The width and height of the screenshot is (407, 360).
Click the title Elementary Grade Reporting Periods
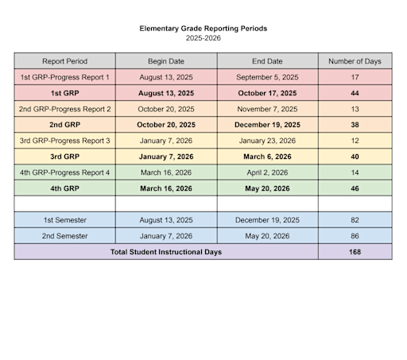(203, 29)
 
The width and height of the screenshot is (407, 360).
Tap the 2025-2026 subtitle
(203, 38)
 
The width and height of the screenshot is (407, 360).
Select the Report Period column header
(64, 61)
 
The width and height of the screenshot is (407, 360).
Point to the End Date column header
(267, 61)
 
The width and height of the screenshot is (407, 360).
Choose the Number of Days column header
(355, 61)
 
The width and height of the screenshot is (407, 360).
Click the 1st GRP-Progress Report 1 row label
(64, 77)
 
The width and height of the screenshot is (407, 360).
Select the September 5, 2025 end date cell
(267, 77)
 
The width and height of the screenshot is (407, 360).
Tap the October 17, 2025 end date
(267, 93)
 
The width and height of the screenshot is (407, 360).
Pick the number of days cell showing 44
(355, 93)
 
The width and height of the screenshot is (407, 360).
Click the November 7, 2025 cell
(267, 109)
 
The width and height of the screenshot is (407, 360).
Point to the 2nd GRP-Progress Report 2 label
(64, 109)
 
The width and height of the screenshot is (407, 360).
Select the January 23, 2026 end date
(267, 141)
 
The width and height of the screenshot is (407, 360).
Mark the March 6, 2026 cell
(267, 157)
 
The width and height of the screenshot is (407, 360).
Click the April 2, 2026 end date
(267, 172)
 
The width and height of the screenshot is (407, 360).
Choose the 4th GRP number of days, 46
(355, 188)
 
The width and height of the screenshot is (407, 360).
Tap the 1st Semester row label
(64, 219)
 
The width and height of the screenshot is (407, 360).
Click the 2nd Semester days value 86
(355, 235)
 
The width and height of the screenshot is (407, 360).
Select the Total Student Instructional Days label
(165, 252)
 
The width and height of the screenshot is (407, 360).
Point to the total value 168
(355, 252)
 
